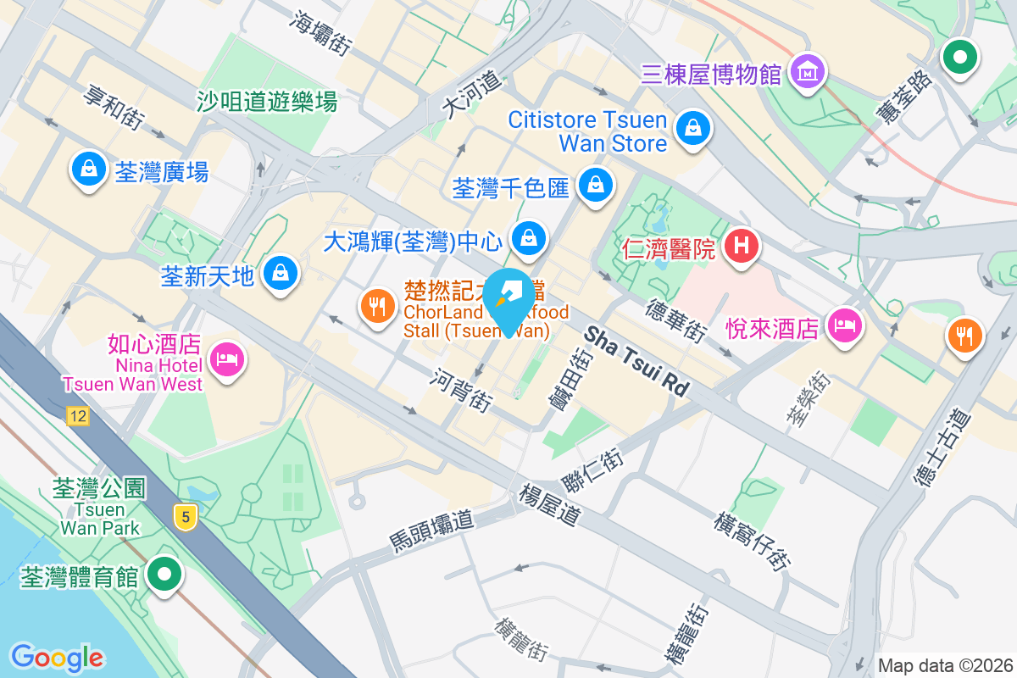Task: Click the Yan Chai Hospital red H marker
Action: click(x=742, y=247)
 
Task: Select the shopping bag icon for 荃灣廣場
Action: click(x=88, y=169)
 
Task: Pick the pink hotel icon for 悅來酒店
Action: click(x=845, y=324)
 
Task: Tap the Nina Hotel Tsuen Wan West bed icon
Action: click(x=226, y=359)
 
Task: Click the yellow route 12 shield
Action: click(x=79, y=416)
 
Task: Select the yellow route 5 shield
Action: click(x=185, y=516)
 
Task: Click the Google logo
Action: click(x=57, y=657)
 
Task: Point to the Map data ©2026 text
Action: click(x=944, y=665)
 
